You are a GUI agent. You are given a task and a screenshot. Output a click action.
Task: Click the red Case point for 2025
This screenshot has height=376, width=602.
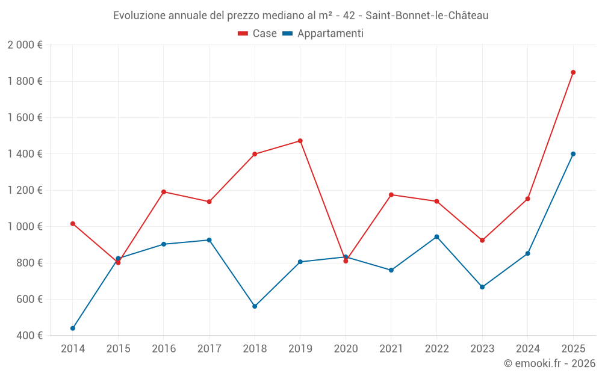coord(573,72)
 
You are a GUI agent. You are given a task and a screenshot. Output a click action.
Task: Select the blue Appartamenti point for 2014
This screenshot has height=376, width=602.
coord(73,328)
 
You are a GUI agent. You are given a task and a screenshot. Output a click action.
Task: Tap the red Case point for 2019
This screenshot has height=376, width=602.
coord(300,141)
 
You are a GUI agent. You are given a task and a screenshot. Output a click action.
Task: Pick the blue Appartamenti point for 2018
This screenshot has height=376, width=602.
coord(255,306)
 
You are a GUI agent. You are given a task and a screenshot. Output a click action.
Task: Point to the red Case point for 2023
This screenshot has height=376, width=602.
coord(482,240)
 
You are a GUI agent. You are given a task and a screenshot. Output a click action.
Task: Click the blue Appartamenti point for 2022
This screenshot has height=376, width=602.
coord(436,236)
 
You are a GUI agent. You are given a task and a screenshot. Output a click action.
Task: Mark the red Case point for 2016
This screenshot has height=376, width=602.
coord(164,192)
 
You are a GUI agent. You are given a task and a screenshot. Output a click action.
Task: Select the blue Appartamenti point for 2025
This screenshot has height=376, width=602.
coord(573,154)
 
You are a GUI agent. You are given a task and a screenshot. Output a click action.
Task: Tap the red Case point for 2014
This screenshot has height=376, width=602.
coord(73,224)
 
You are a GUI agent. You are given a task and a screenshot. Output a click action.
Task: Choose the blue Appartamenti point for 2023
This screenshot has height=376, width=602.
coord(482,287)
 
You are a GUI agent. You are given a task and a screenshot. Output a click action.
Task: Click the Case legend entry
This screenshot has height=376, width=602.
coord(257,34)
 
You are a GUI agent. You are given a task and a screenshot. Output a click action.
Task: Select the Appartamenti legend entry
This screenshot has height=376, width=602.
coord(323,34)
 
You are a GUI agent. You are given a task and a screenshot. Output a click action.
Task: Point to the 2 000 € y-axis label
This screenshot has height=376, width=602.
coord(25,45)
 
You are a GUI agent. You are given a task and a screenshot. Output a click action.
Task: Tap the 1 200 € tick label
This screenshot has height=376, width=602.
coord(25,190)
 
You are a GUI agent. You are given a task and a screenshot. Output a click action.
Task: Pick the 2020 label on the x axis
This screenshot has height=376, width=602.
coord(346,349)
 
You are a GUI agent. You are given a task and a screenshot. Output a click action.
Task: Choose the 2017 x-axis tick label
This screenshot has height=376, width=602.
coord(209,349)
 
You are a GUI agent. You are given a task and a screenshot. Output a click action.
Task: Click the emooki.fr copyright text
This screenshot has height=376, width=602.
coord(549,363)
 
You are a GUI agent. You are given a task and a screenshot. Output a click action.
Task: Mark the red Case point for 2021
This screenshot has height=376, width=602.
coord(391,195)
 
